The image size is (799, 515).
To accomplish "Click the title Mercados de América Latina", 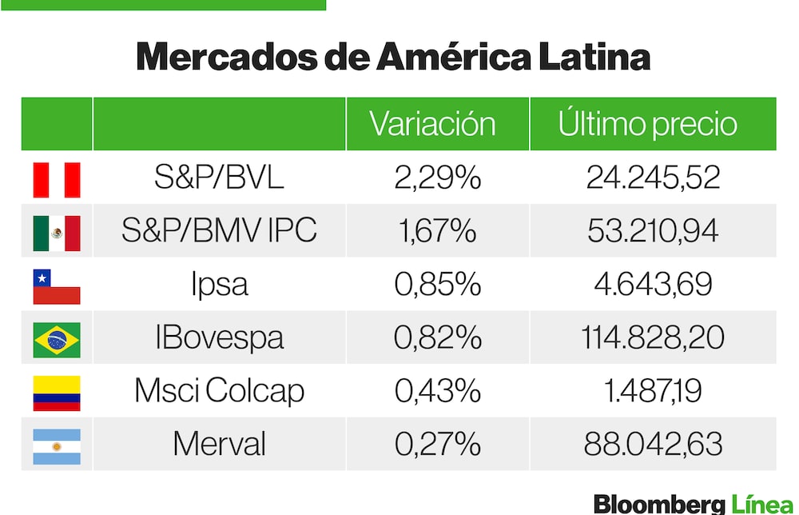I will [x=393, y=58].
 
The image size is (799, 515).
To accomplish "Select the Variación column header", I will [x=432, y=124].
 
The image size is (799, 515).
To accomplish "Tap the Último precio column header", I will [x=647, y=124].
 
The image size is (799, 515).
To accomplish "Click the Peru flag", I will [x=57, y=179].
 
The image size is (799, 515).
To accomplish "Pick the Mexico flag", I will [x=57, y=233].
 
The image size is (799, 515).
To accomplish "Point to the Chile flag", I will [x=57, y=286].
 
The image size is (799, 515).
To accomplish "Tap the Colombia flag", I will [x=57, y=393].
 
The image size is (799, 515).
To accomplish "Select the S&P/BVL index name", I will [x=219, y=178].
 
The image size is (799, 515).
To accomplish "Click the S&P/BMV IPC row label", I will [x=219, y=231].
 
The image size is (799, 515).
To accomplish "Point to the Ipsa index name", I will [x=219, y=285].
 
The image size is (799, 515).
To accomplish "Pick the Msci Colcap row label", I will [x=219, y=391].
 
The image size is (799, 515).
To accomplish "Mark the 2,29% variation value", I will [x=437, y=178].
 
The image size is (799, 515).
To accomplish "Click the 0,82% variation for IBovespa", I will [x=437, y=337].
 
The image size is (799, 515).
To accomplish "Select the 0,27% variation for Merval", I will [x=437, y=444].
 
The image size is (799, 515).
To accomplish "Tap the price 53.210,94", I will [x=653, y=231].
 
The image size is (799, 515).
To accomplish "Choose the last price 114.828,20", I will [x=653, y=337].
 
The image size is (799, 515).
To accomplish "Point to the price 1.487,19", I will [x=653, y=391].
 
